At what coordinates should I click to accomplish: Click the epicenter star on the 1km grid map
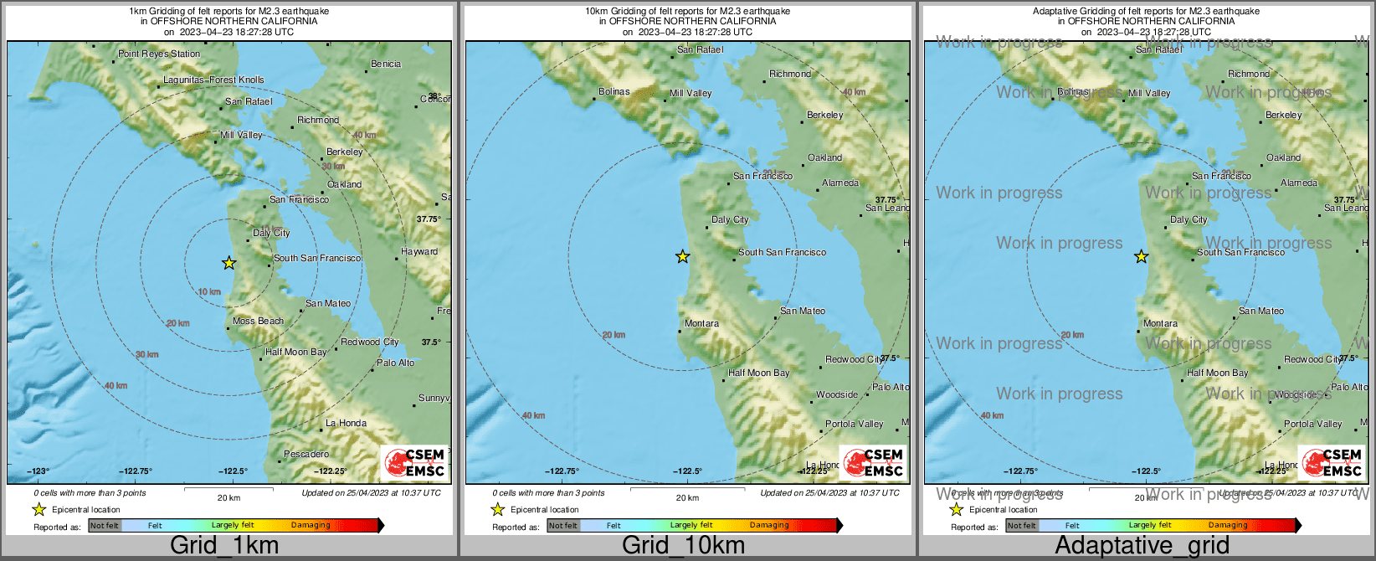tap(228, 263)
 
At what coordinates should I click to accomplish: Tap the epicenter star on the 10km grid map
tap(683, 256)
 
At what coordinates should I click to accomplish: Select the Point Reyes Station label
tap(159, 54)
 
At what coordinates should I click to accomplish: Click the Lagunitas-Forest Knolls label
tap(213, 80)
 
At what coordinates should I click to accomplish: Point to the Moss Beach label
tap(258, 321)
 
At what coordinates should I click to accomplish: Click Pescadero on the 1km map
tap(306, 454)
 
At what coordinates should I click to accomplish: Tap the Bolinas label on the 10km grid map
tap(614, 92)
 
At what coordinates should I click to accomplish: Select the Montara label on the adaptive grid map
tap(1160, 323)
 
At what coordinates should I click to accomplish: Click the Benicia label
tap(386, 64)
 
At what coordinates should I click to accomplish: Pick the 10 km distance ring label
tap(209, 292)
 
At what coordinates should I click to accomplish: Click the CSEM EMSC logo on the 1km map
tap(415, 463)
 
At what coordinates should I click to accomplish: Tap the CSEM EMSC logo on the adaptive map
tap(1332, 463)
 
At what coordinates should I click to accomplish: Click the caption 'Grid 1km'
tap(224, 546)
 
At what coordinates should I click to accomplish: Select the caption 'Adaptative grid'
tap(1142, 546)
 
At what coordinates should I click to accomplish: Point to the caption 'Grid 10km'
tap(683, 546)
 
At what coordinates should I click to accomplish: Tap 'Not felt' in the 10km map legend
tap(562, 526)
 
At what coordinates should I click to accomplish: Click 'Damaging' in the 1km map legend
tap(311, 526)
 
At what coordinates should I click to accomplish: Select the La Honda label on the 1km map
tap(346, 423)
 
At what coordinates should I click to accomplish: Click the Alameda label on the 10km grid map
tap(840, 183)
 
